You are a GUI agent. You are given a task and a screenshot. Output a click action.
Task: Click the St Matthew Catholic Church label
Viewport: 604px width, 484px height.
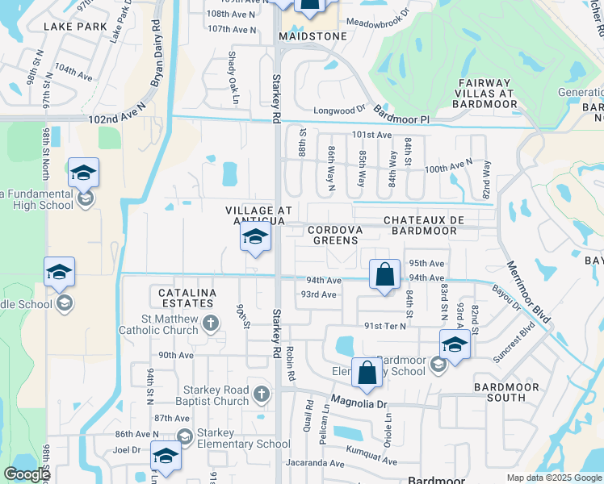(158, 324)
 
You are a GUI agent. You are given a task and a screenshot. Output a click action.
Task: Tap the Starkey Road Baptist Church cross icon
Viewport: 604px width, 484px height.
(261, 394)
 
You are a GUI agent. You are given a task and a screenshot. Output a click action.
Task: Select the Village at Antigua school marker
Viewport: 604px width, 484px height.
(255, 238)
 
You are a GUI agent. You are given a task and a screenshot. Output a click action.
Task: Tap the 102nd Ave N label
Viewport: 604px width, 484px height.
(117, 119)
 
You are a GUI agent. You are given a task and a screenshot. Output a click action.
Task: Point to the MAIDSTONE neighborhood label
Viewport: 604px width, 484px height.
(312, 36)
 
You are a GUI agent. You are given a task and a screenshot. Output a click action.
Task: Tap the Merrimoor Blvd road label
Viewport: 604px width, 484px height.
(528, 292)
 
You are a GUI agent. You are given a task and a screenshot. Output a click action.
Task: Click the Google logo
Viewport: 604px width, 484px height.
(27, 474)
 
